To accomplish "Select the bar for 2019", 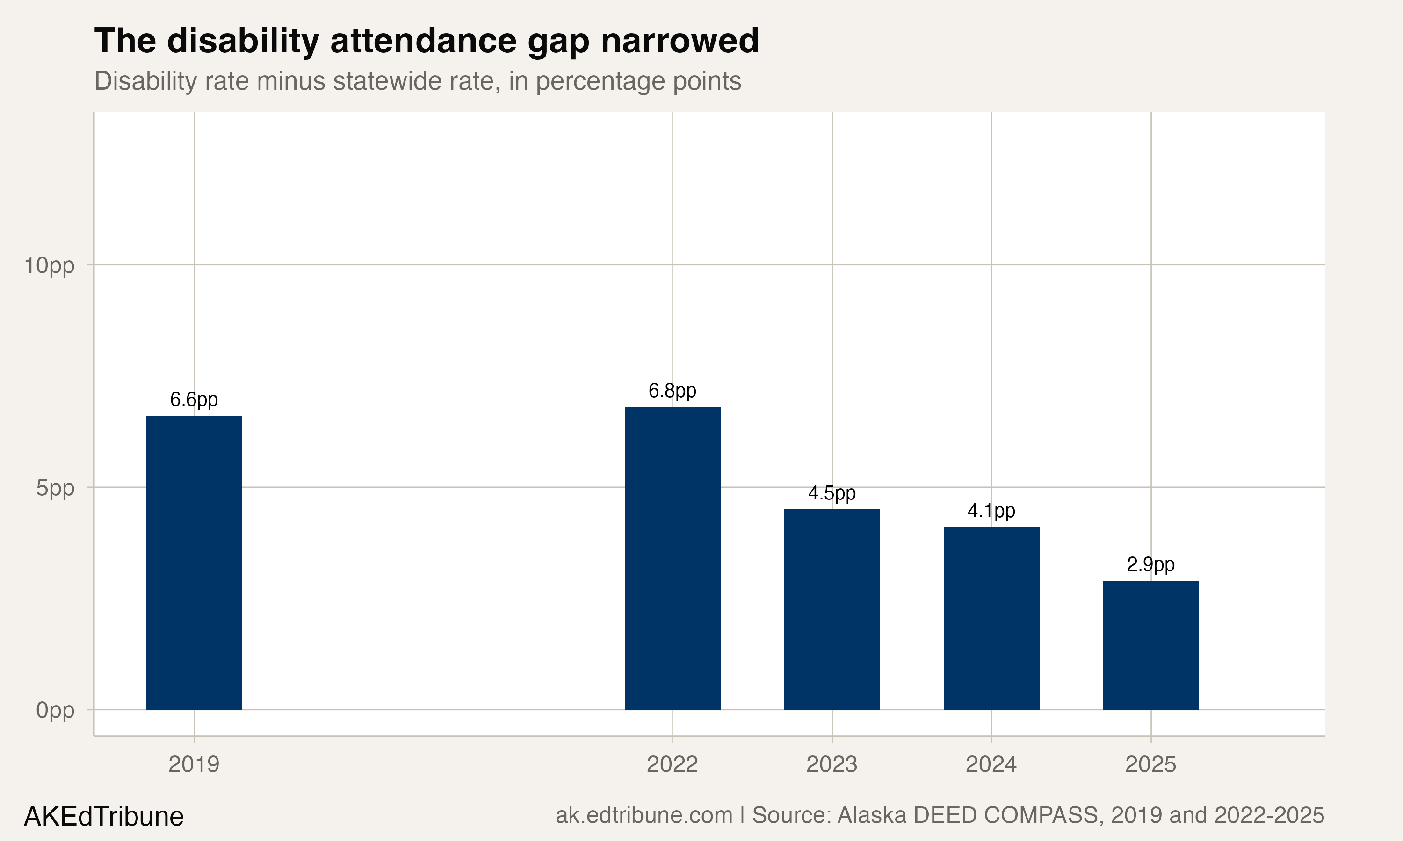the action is tap(194, 562).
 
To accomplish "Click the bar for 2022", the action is tap(673, 558).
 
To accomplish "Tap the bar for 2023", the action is tap(832, 609).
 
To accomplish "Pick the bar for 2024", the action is tap(991, 618).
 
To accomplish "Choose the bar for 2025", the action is tap(1150, 645).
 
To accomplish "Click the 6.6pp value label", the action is tap(194, 400).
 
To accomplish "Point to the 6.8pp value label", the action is tap(673, 391).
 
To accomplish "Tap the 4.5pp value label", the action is tap(832, 493).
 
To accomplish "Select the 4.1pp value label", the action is tap(991, 512).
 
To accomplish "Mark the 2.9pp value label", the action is tap(1150, 565).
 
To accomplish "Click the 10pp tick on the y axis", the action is tap(49, 266).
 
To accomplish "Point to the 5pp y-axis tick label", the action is tap(55, 488).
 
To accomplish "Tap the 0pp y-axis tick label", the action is tap(55, 711).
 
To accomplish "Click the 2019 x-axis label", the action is tap(194, 764).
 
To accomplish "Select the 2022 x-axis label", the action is tap(673, 764).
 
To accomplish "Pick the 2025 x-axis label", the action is tap(1150, 764).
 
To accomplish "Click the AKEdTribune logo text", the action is tap(104, 817).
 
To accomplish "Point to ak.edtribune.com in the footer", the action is tap(644, 815).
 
